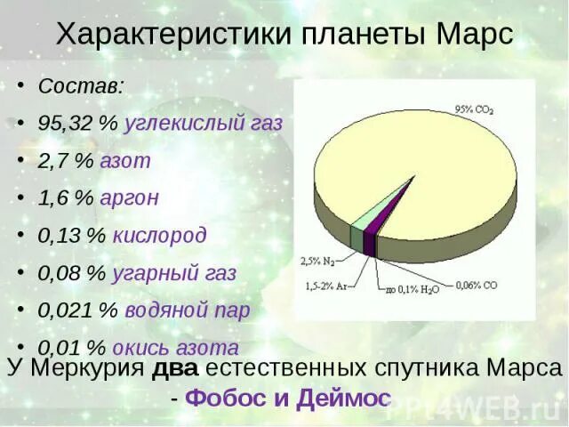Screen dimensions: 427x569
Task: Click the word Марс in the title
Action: [x=477, y=35]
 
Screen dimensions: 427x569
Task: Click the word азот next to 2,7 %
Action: [x=125, y=161]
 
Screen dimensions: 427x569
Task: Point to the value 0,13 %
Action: [x=72, y=236]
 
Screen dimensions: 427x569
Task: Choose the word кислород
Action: [x=159, y=236]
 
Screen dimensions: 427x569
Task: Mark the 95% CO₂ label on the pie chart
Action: [x=475, y=109]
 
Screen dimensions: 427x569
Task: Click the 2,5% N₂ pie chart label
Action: [x=317, y=262]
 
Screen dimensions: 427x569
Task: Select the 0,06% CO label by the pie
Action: [x=477, y=286]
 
